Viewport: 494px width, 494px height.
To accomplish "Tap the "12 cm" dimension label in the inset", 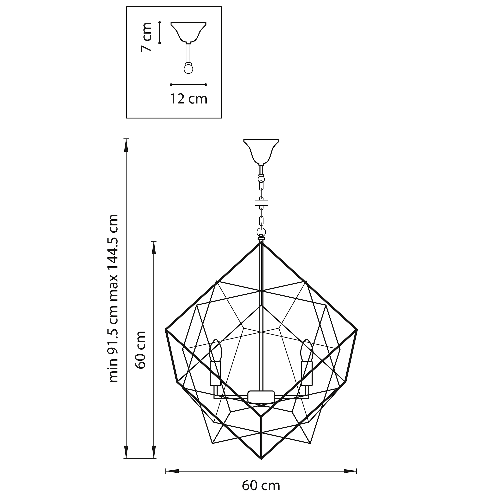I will [189, 99].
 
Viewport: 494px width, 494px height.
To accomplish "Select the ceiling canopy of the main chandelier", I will [261, 151].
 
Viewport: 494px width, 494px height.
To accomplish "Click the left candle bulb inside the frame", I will [216, 352].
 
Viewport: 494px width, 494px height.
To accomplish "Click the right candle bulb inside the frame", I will [307, 352].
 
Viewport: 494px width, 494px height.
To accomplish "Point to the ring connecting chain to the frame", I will [261, 232].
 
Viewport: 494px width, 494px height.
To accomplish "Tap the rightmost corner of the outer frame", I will [357, 330].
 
